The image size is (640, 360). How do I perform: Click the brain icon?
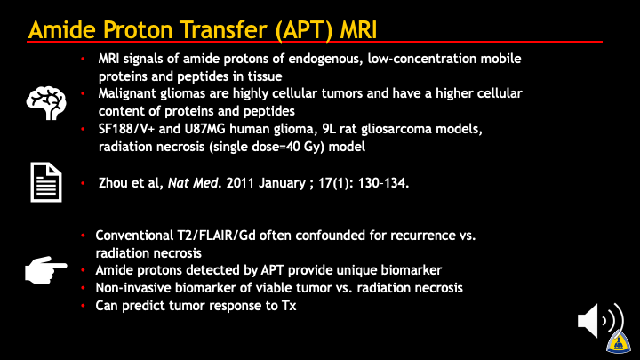pyautogui.click(x=46, y=102)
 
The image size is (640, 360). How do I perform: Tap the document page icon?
pyautogui.click(x=46, y=182)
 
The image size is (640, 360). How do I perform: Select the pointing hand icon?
pyautogui.click(x=45, y=270)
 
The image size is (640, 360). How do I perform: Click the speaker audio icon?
pyautogui.click(x=601, y=321)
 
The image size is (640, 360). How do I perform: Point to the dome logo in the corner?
pyautogui.click(x=619, y=342)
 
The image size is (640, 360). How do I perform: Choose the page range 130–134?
pyautogui.click(x=383, y=183)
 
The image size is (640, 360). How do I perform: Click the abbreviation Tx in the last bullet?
pyautogui.click(x=289, y=306)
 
